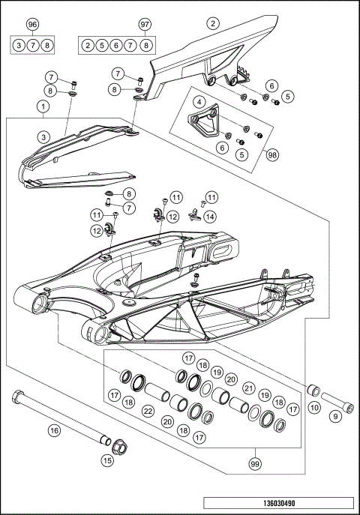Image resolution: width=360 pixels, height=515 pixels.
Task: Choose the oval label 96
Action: (32, 25)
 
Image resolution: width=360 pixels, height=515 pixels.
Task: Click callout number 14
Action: (210, 217)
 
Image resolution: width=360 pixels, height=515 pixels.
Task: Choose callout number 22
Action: (149, 412)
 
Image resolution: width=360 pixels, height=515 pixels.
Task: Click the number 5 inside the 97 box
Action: (102, 46)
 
